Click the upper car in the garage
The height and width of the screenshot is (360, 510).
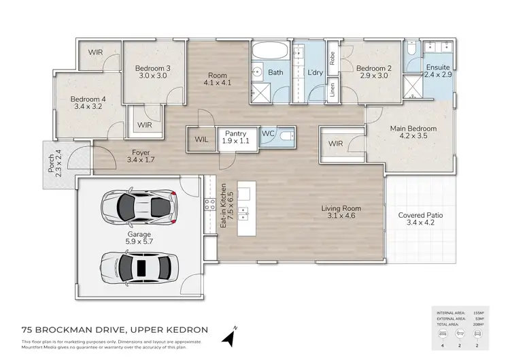point(137,206)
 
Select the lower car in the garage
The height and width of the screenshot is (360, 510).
point(137,265)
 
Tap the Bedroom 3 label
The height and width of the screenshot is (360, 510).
point(152,68)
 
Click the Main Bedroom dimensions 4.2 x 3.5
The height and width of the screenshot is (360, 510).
point(413,136)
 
